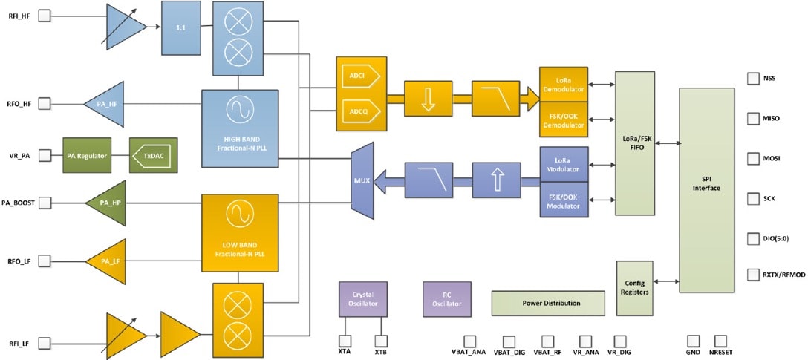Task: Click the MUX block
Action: [361, 179]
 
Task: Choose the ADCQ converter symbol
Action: [359, 112]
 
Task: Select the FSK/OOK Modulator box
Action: [564, 200]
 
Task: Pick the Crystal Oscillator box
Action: [362, 298]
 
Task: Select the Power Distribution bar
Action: [547, 303]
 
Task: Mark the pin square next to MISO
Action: [750, 118]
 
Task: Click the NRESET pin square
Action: [720, 341]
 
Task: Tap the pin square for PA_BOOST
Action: [44, 202]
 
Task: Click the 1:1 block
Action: [181, 27]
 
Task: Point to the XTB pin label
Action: [381, 351]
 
